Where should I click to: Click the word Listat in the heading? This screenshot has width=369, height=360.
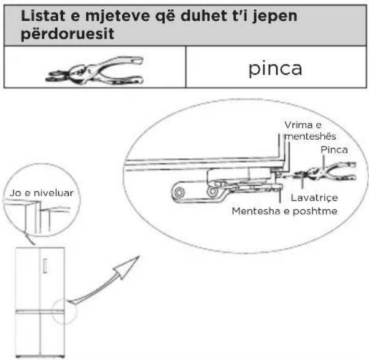click(42, 15)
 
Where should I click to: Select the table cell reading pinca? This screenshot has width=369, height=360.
click(275, 68)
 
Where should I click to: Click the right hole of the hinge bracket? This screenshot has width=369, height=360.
click(213, 191)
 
